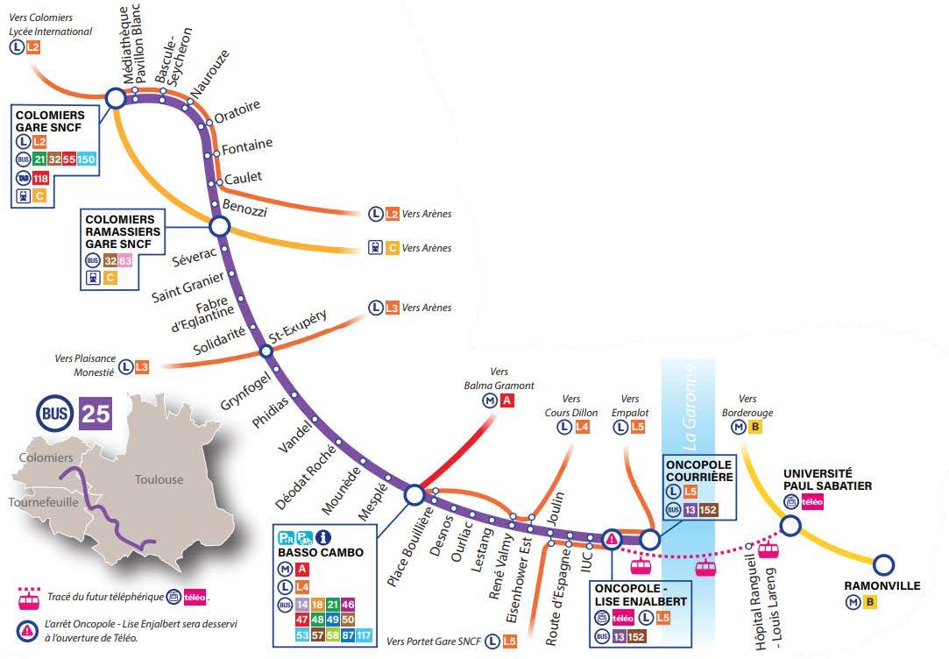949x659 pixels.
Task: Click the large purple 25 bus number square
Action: click(96, 414)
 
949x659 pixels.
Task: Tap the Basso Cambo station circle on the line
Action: click(414, 494)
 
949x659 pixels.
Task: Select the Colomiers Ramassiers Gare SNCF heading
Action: click(123, 231)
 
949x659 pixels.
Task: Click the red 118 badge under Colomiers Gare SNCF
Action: click(40, 179)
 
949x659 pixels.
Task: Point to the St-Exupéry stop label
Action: click(298, 328)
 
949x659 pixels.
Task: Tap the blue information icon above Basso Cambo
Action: click(324, 537)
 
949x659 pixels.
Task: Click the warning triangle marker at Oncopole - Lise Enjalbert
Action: click(612, 538)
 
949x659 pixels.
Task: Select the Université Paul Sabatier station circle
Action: click(790, 525)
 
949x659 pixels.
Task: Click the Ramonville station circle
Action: click(883, 564)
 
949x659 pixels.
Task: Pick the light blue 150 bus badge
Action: click(86, 159)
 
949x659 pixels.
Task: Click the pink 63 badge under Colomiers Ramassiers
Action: click(124, 261)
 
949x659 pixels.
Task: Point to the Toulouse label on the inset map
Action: click(159, 479)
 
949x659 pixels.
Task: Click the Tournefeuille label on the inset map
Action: click(44, 502)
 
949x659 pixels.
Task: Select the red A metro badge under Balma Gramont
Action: click(506, 400)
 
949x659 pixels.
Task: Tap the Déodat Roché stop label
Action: click(305, 477)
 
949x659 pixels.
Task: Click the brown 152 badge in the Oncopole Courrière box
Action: click(708, 510)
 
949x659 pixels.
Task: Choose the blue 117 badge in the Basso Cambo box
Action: click(364, 634)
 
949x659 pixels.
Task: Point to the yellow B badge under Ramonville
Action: click(870, 602)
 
